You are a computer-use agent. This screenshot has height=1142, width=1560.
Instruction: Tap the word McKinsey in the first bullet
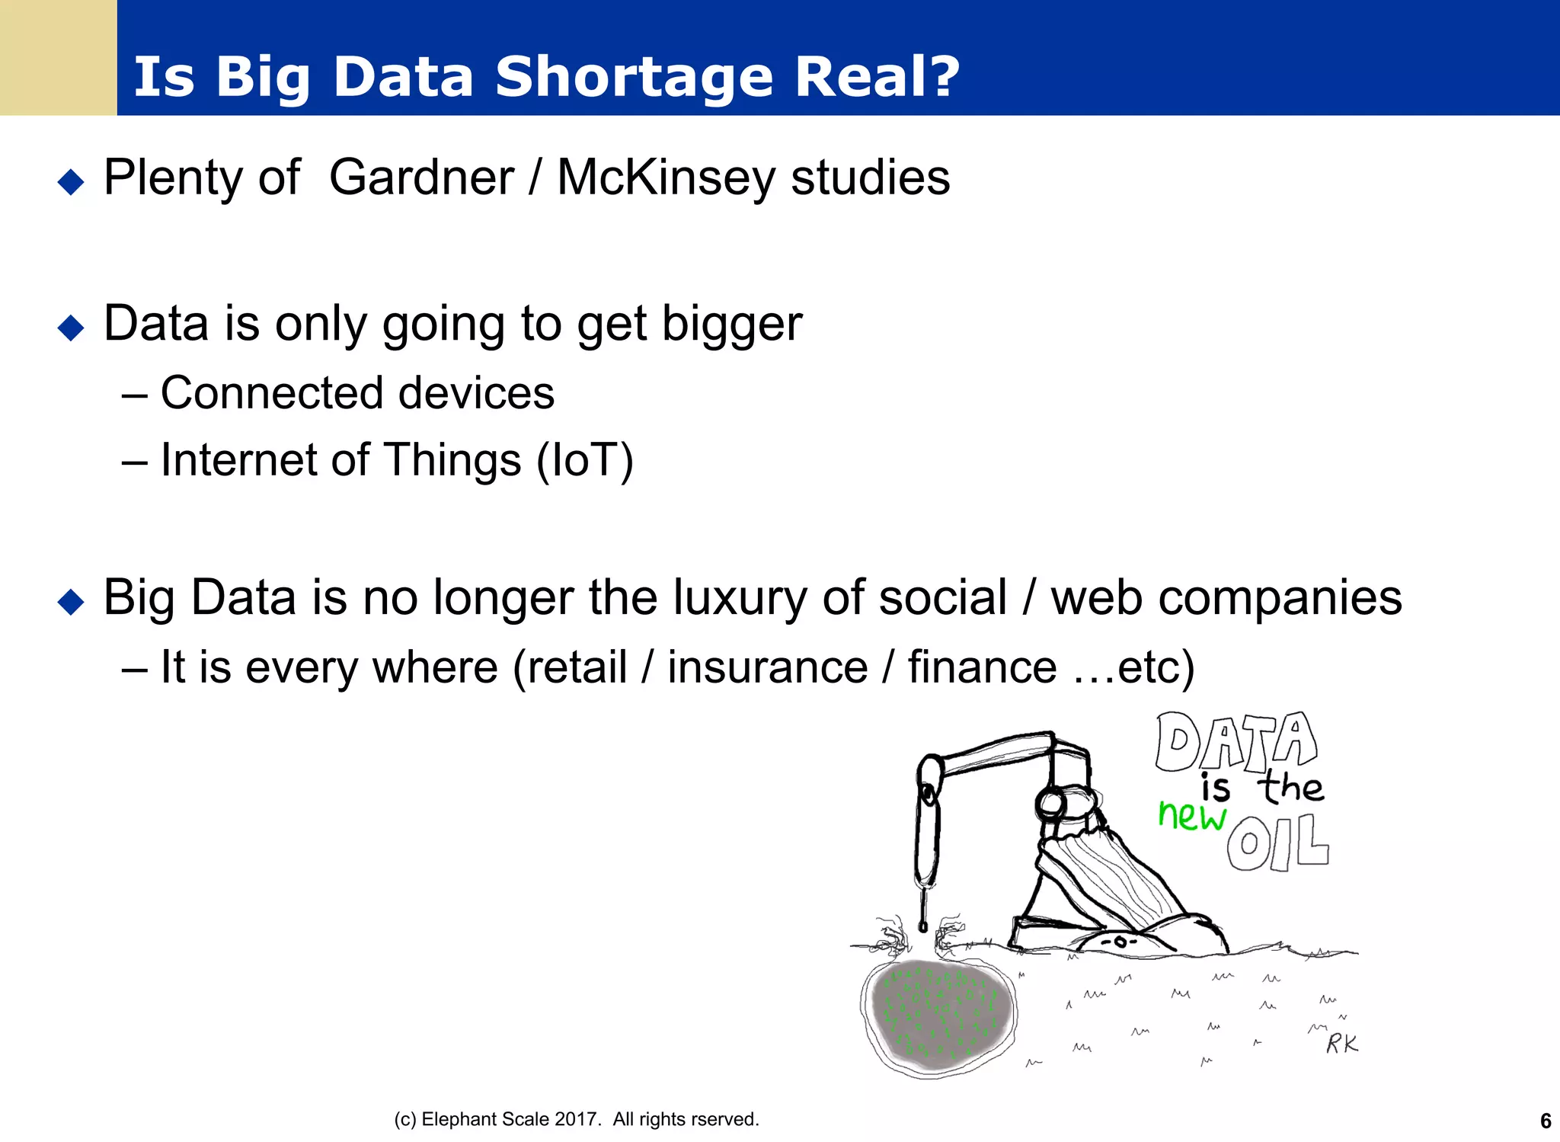(665, 178)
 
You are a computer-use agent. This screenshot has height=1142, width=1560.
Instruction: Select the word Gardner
(421, 178)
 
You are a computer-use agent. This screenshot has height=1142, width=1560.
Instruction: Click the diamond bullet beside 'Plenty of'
(71, 182)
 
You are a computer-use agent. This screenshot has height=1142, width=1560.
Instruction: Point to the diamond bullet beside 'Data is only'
(71, 328)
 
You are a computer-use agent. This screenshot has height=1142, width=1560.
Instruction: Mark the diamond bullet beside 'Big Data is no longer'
(71, 602)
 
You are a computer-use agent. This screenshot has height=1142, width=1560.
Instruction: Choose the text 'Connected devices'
(356, 393)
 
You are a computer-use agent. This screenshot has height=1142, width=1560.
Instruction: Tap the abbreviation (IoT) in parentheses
(584, 460)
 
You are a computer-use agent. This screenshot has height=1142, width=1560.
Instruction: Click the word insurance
(767, 667)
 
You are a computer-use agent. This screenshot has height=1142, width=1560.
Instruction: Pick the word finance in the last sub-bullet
(982, 667)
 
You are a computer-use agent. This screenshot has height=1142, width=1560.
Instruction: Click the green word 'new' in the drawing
(1191, 815)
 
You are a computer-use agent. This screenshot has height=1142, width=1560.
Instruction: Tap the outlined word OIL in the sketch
(1277, 843)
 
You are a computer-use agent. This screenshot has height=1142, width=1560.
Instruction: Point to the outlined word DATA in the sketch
(1235, 741)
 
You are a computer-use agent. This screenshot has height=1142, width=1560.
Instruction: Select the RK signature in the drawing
(1341, 1043)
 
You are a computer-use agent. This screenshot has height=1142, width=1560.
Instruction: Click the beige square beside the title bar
(58, 57)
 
